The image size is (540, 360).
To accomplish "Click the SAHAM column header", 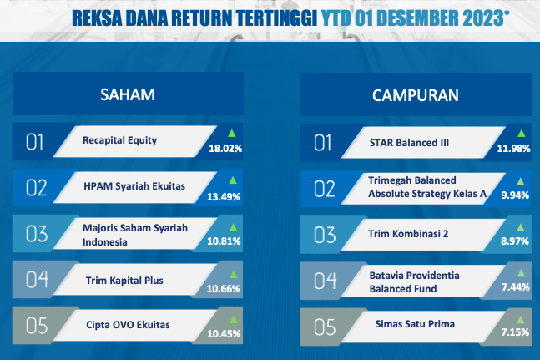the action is [x=128, y=94].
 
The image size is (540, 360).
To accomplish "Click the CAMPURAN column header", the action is [x=416, y=95].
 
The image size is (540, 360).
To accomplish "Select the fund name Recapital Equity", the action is [x=120, y=140].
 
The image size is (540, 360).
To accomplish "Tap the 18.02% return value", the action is [x=225, y=149].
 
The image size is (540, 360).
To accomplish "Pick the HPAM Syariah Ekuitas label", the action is [x=134, y=186].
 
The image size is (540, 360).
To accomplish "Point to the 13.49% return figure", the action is [x=224, y=197].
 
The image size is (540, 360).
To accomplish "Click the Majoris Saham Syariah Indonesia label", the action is [x=135, y=235].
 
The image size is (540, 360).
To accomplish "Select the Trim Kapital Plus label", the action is [x=124, y=281].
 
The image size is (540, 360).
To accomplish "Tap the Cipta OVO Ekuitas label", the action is [x=128, y=325].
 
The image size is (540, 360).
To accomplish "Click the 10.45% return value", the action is [x=224, y=334].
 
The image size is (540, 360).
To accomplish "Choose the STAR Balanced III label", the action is [x=409, y=143].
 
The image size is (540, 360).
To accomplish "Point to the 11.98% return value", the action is [x=513, y=149].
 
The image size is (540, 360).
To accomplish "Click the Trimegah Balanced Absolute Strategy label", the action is [x=427, y=187].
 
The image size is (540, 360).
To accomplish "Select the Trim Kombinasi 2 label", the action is [x=408, y=234].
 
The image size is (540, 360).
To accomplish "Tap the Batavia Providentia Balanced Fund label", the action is [x=414, y=282].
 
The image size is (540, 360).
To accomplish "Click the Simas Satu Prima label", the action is [x=415, y=324].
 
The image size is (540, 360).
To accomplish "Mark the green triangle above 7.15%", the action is [x=521, y=320].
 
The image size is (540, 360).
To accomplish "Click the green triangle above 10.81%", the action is [x=233, y=226].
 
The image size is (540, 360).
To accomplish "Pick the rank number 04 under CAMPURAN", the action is [x=325, y=281].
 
